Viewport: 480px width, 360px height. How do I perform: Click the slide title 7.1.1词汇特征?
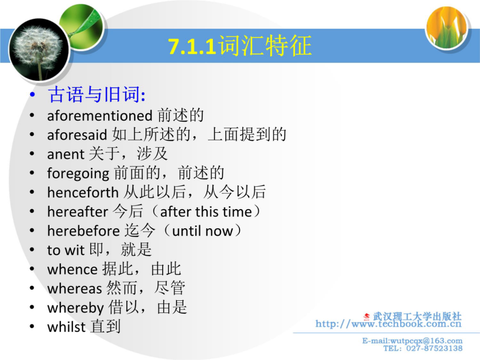(x=240, y=46)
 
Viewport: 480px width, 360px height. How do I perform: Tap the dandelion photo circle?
(x=39, y=50)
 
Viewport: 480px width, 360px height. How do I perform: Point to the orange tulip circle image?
(x=447, y=28)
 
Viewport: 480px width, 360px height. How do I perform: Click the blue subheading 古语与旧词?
(x=97, y=94)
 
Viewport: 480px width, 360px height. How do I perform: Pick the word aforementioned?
(x=100, y=116)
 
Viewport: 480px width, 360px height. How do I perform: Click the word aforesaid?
(x=77, y=135)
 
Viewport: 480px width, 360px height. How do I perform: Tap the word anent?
(x=66, y=154)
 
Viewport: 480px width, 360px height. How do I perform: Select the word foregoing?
(x=78, y=174)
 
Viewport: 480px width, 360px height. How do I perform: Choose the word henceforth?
(x=83, y=192)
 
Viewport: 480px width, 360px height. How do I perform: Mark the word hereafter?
(x=78, y=212)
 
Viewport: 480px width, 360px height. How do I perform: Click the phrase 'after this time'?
(x=206, y=212)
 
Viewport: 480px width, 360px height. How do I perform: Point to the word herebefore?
(x=83, y=231)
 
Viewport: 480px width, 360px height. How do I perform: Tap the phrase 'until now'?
(x=203, y=231)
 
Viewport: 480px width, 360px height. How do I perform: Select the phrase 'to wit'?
(x=66, y=250)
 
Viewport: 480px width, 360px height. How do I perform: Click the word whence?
(x=72, y=269)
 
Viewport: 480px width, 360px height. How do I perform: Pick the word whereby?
(x=76, y=308)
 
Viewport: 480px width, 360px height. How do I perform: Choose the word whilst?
(x=66, y=326)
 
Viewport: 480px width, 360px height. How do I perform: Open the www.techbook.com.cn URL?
(x=388, y=324)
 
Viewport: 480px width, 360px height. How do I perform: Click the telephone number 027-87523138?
(x=434, y=348)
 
